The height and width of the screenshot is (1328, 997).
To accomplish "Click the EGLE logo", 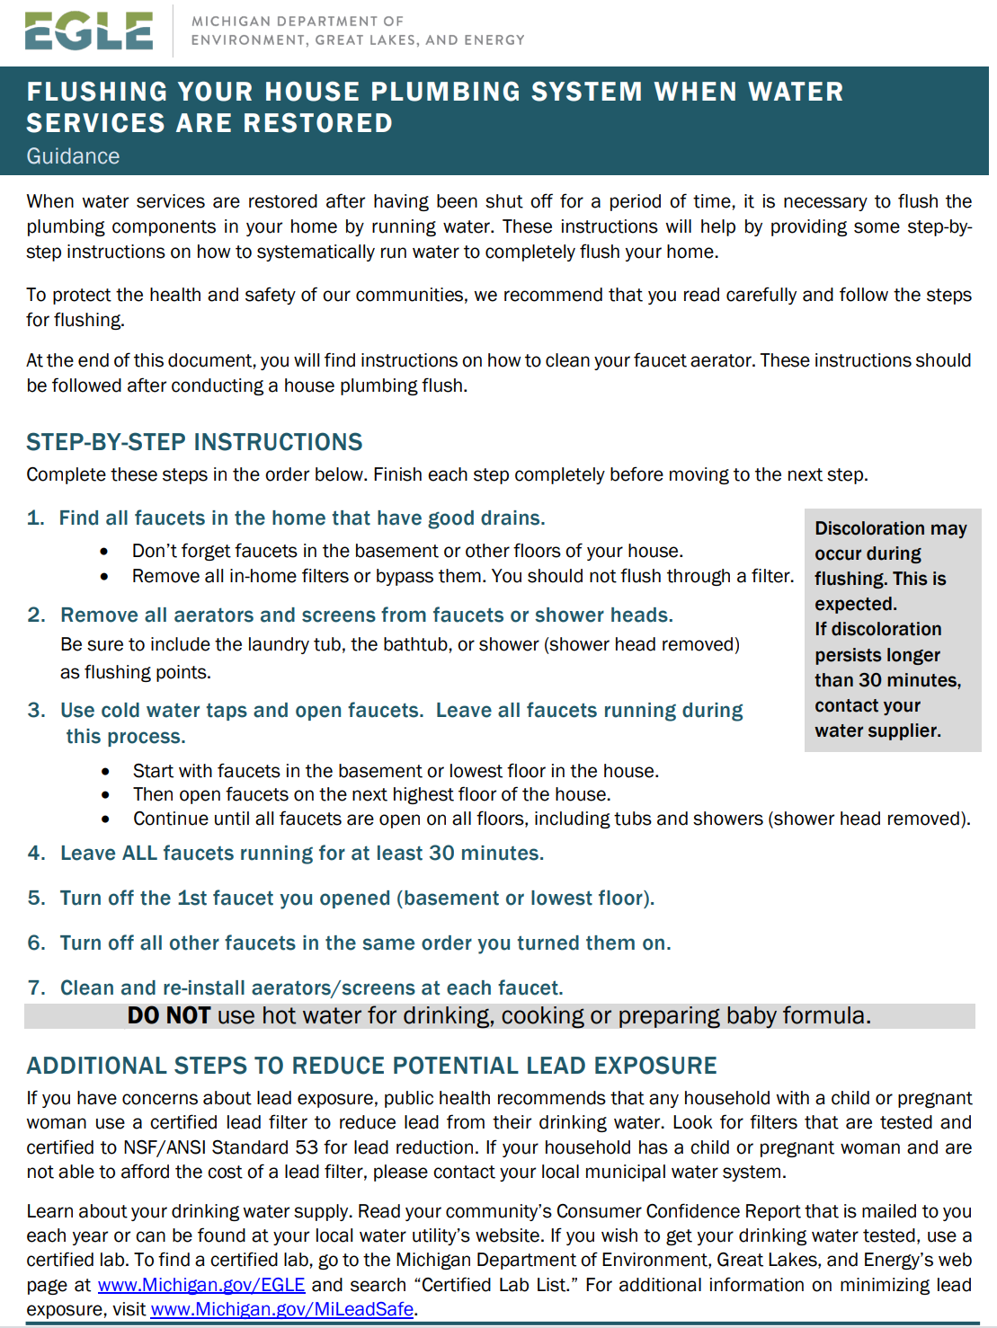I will point(88,31).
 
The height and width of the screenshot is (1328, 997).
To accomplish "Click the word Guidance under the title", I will point(73,156).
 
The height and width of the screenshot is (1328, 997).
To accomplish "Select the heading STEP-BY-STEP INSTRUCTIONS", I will point(194,442).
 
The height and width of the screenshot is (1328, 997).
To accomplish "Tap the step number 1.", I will point(34,518).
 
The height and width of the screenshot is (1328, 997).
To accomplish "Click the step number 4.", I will point(35,854).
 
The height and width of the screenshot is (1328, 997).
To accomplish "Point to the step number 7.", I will point(35,988).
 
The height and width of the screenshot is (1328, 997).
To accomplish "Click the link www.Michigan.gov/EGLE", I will point(201,1285).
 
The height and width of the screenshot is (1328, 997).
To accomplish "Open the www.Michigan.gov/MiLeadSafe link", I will point(282,1309).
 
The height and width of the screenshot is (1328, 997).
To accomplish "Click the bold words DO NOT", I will point(169,1016).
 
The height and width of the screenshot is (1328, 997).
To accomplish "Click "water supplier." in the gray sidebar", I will point(877,730).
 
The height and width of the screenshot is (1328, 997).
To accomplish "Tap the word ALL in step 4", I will point(139,854).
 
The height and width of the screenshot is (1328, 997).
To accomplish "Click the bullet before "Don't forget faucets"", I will point(105,552).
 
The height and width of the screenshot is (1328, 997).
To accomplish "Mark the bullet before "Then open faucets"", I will point(106,795).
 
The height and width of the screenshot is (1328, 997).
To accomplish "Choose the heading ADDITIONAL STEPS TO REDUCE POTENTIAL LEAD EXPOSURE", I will point(371,1066).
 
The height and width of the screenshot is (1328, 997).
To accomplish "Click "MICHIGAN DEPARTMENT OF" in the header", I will point(298,21).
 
